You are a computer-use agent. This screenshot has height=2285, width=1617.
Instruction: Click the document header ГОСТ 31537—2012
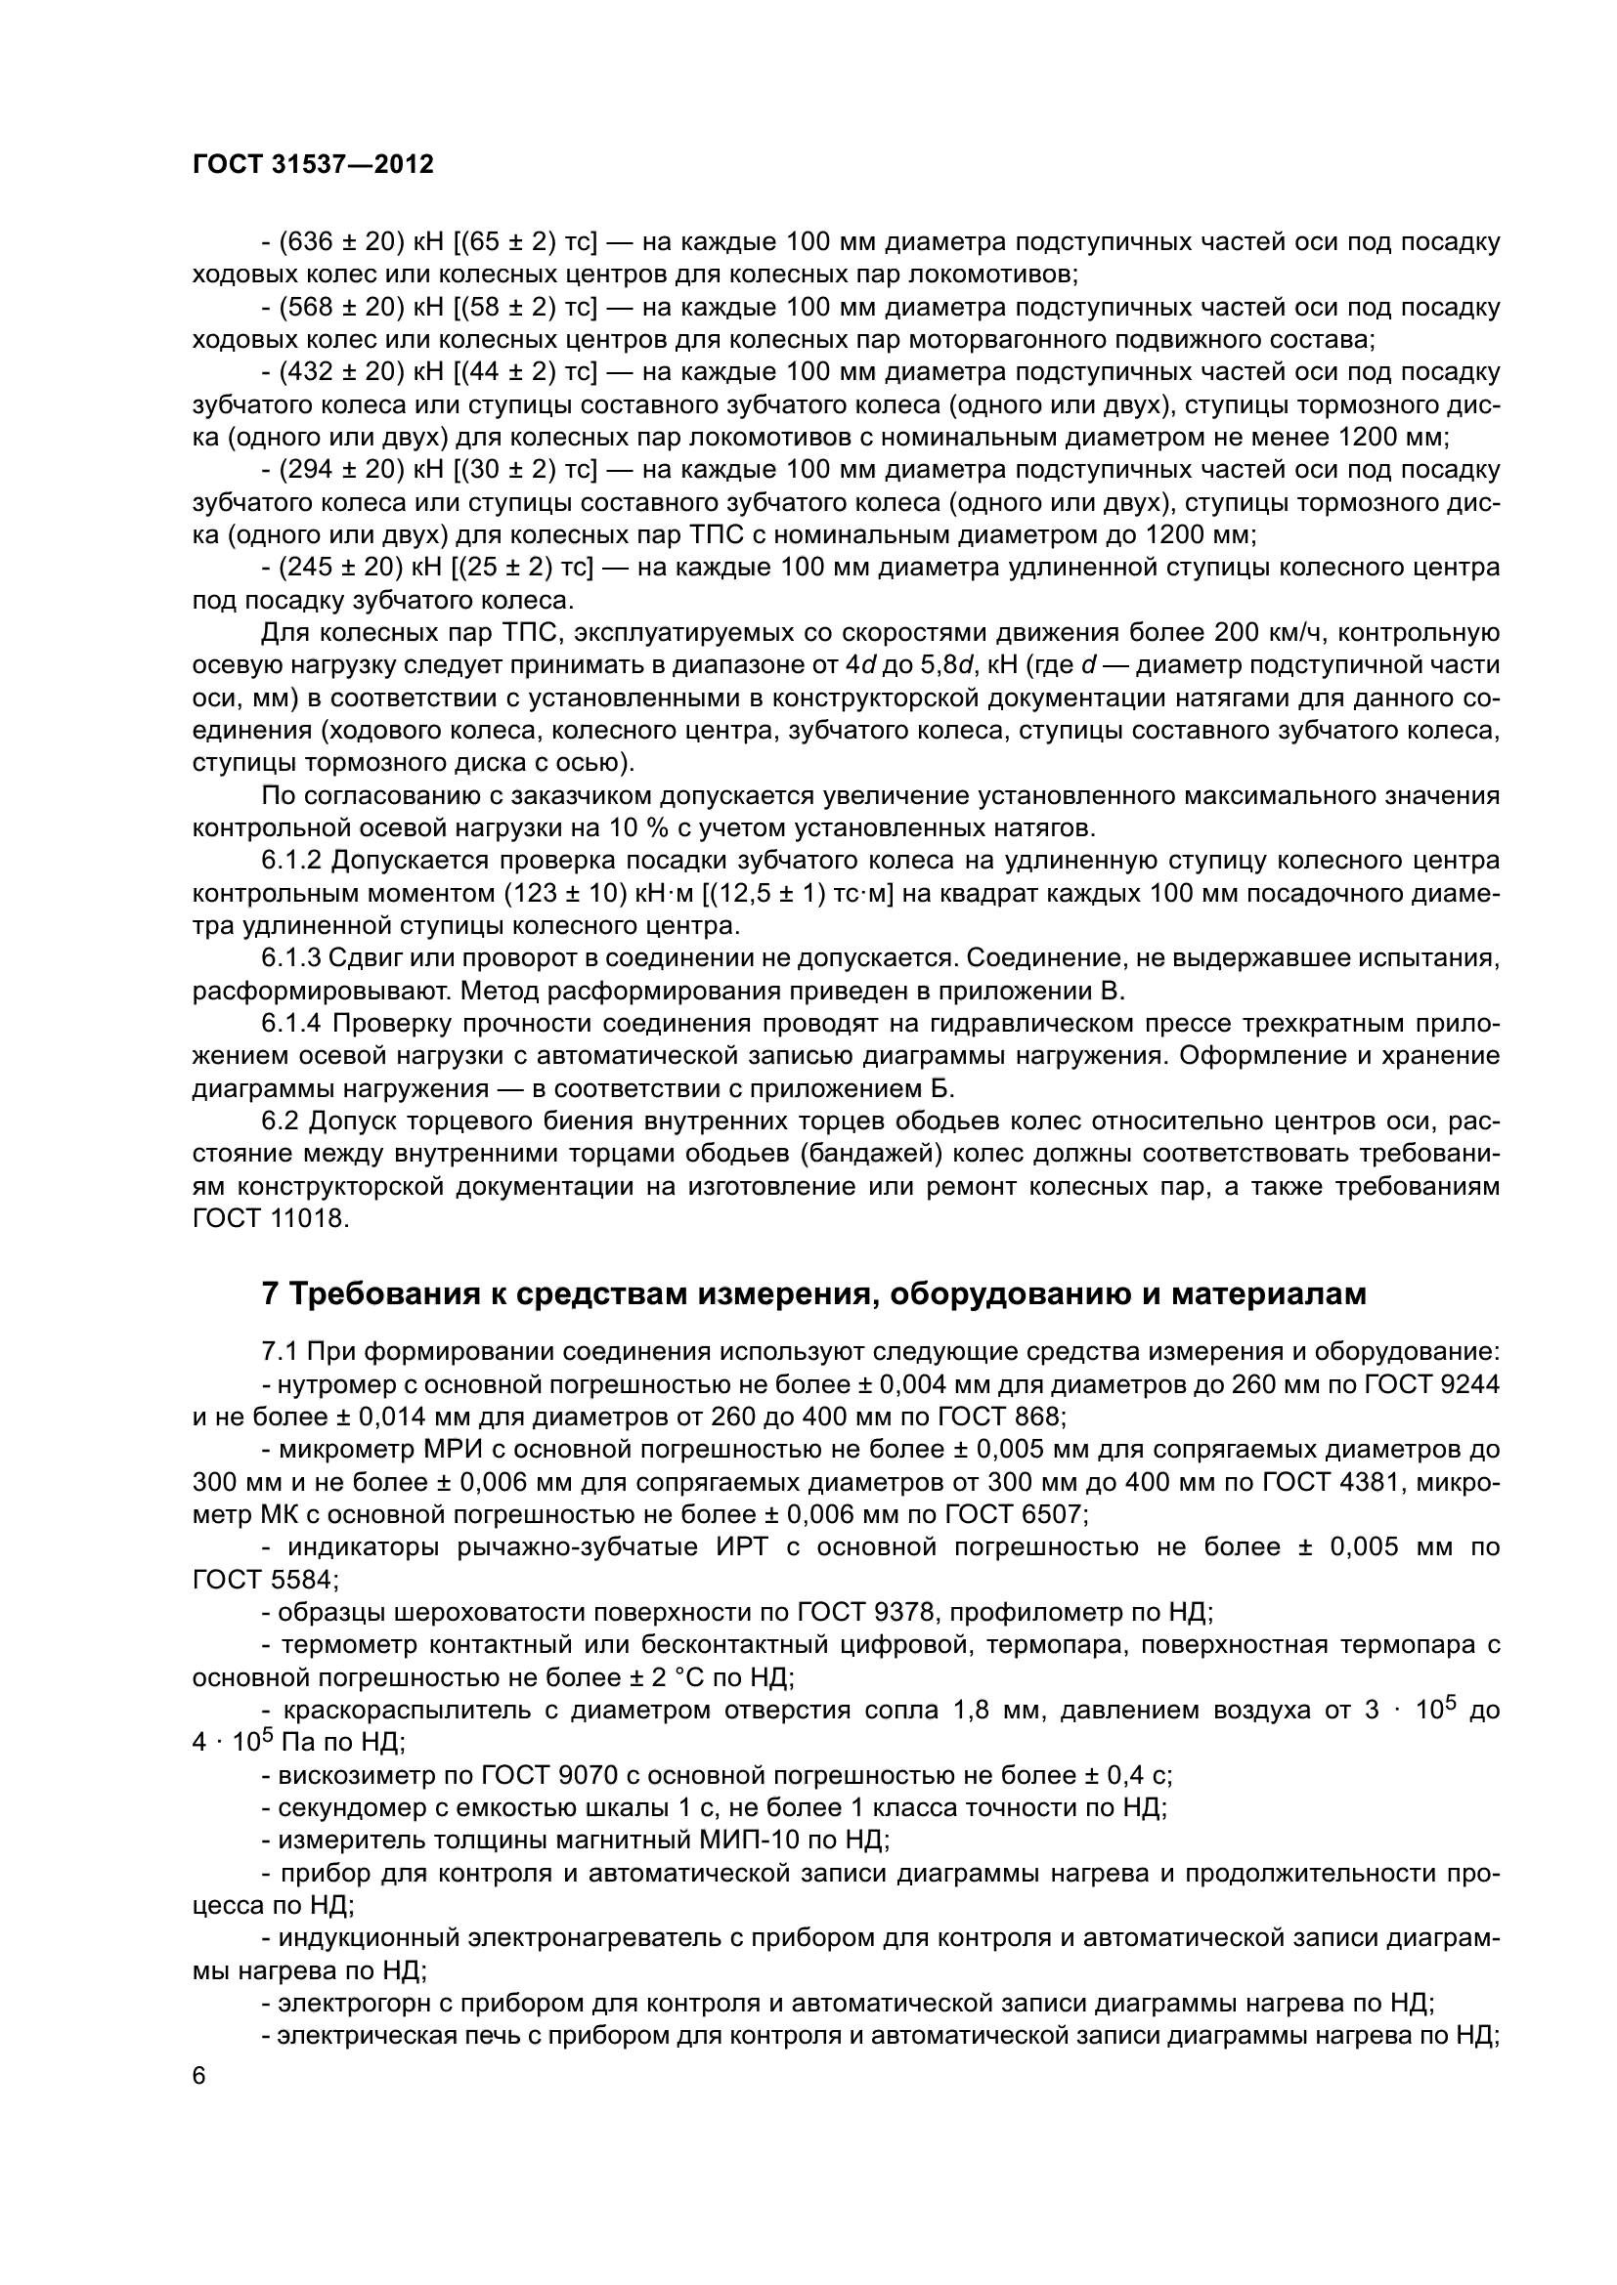click(x=313, y=165)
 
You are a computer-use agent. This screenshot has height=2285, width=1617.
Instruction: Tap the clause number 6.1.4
click(x=292, y=1023)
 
